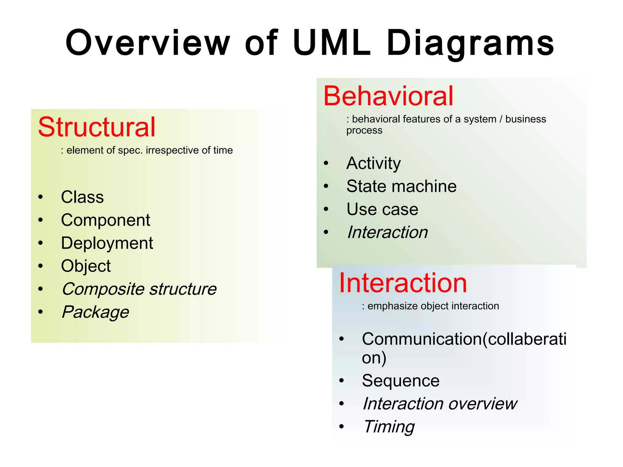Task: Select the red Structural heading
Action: point(97,127)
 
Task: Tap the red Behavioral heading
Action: point(388,96)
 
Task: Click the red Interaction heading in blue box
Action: point(403,283)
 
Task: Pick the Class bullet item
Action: point(82,197)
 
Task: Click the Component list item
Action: point(105,220)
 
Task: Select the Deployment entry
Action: point(107,243)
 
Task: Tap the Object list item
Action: point(85,266)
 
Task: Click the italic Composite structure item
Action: point(139,289)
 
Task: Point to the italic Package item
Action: point(95,312)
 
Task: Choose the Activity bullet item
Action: point(373,163)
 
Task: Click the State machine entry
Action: point(401,186)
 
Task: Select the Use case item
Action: point(382,209)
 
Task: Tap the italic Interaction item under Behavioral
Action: point(387,232)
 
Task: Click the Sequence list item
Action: point(400,381)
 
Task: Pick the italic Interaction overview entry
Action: point(440,404)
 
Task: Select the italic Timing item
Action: point(389,427)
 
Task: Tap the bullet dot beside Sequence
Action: point(342,381)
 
